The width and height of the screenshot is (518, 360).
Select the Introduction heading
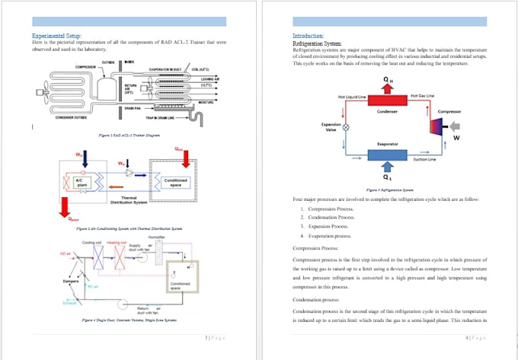[x=308, y=36]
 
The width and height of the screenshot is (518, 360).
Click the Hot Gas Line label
[x=422, y=96]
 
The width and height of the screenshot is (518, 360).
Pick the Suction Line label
[x=424, y=159]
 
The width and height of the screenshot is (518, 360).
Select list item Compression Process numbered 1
[x=328, y=209]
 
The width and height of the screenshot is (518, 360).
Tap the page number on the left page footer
[x=215, y=337]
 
